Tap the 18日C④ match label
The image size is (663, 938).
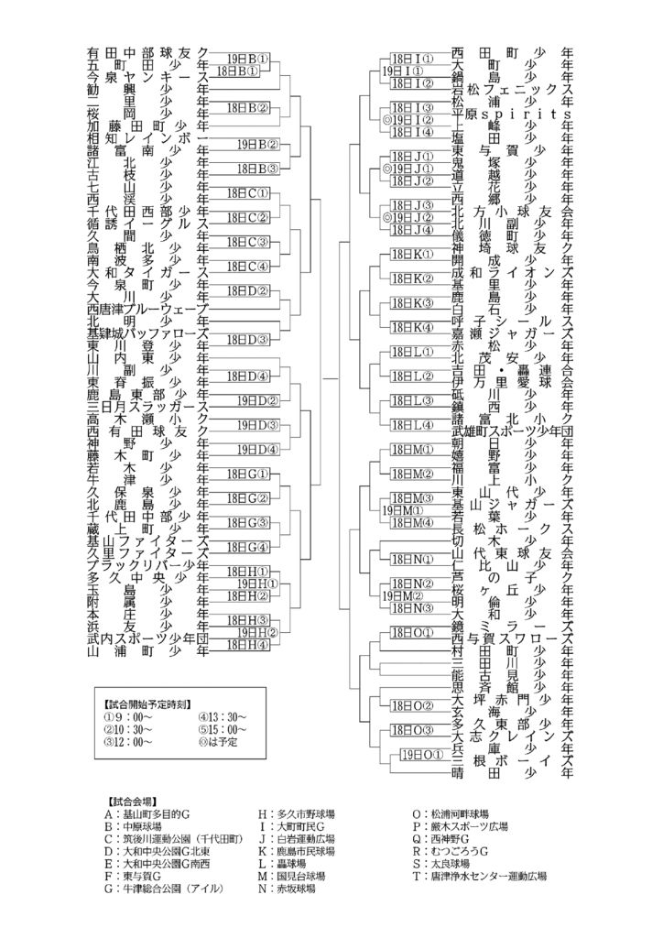[x=245, y=266]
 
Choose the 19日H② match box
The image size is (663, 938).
[x=256, y=631]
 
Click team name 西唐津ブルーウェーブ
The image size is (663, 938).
[x=147, y=309]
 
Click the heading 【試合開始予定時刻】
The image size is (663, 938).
[x=147, y=705]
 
